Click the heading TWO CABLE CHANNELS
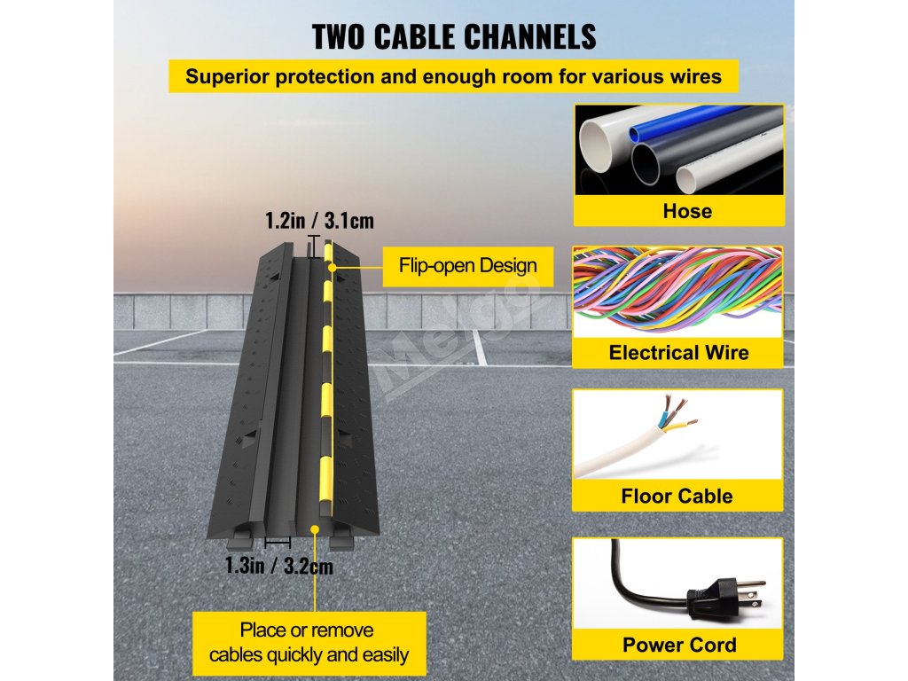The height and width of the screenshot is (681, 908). coord(453,36)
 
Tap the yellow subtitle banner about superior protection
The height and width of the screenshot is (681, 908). coord(453,76)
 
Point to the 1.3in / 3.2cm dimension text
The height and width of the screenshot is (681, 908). coord(278,565)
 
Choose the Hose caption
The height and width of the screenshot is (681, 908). coord(678,211)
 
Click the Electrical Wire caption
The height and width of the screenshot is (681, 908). coord(678,353)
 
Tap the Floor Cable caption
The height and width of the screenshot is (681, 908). coord(678,496)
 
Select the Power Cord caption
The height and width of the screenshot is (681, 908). coord(678,645)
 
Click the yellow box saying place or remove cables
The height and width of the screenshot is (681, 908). coord(307,643)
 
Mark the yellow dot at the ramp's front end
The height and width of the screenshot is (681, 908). coord(315,529)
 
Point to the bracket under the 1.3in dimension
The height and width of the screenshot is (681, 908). coord(278,541)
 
